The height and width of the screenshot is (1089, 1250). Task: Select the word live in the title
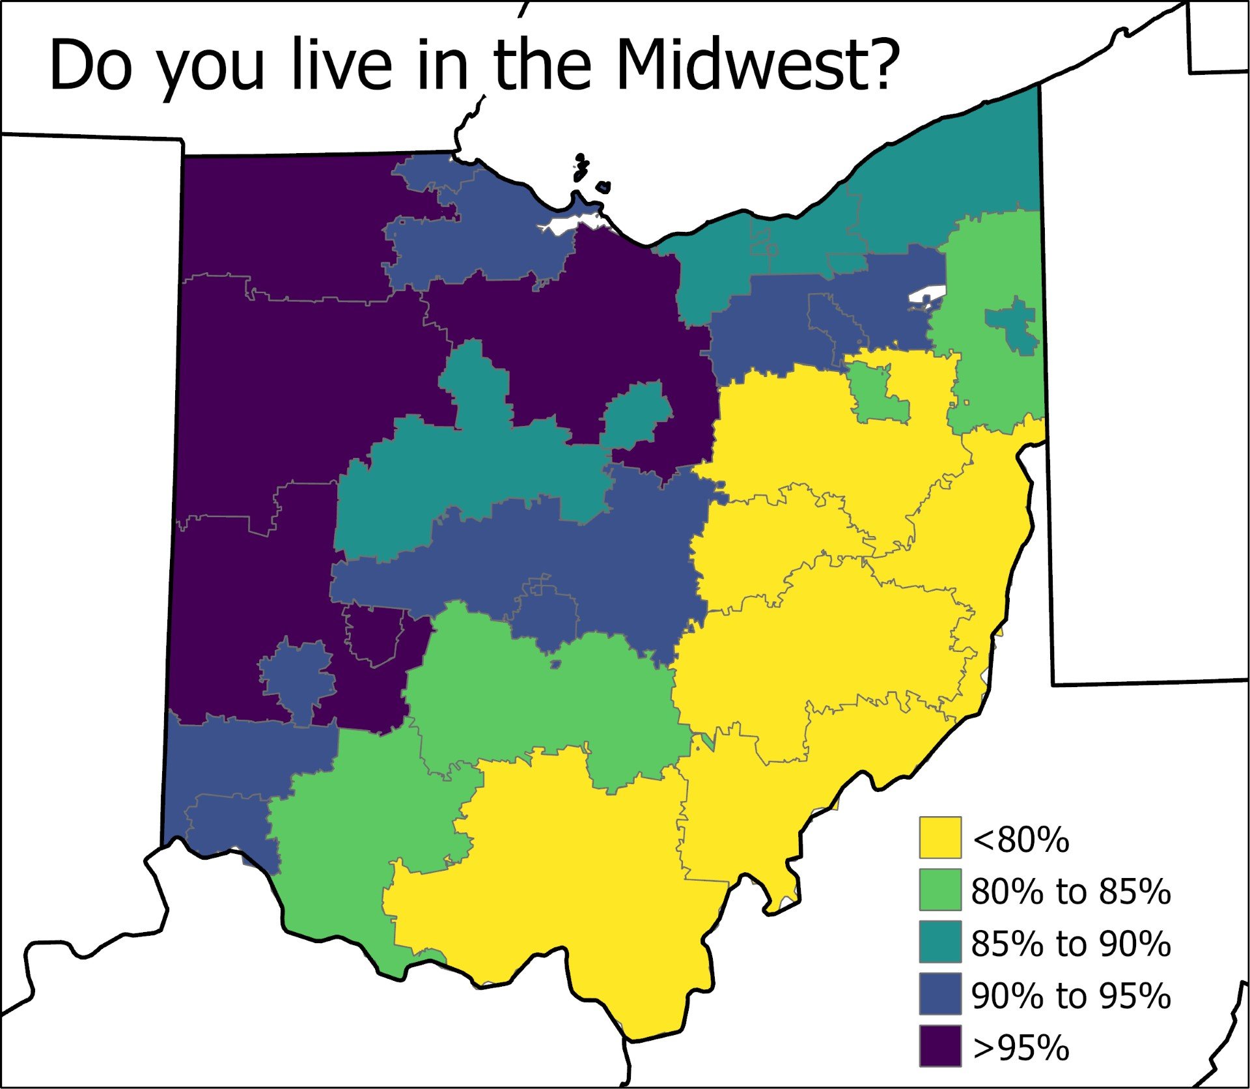coord(342,65)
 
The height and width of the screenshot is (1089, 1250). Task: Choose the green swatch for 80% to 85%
coord(940,890)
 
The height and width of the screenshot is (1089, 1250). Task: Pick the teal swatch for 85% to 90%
coord(940,942)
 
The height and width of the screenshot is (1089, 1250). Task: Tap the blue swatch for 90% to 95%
coord(940,994)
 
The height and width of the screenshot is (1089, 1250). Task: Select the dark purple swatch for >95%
coord(940,1046)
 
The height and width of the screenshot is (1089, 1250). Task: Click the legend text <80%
coord(1020,840)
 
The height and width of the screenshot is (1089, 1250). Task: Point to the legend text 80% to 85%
coord(1071,891)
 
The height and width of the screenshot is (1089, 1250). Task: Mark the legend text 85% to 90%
coord(1071,943)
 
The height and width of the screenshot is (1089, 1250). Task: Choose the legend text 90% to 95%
coord(1071,995)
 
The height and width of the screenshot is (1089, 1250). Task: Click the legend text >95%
coord(1020,1047)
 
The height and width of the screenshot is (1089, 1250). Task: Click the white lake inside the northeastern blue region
coord(926,296)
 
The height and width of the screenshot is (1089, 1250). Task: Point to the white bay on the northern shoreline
coord(565,223)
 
